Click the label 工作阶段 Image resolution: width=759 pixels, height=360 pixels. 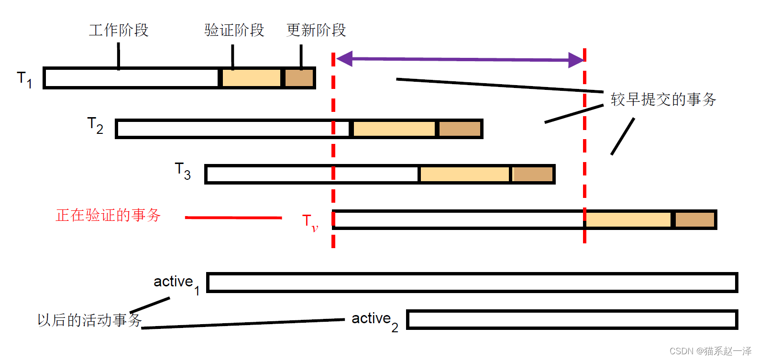[119, 30]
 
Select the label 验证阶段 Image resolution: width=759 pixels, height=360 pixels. [234, 30]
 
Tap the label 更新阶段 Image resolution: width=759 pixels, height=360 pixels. [316, 30]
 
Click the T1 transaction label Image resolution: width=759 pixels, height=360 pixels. [24, 79]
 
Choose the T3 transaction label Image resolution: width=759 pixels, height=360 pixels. [183, 171]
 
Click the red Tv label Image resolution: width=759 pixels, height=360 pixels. [310, 222]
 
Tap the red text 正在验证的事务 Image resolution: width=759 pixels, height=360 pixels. [109, 215]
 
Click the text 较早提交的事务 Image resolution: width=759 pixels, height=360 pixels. [663, 99]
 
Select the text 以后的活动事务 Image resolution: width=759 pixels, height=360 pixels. [89, 320]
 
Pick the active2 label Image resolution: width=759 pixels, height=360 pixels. [374, 320]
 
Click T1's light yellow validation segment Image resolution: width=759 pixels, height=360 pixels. [252, 78]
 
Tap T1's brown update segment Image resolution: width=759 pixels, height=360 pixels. [299, 78]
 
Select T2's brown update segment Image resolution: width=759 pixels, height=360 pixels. [460, 129]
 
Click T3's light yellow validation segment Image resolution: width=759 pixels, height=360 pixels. [464, 174]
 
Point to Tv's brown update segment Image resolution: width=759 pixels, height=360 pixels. [694, 219]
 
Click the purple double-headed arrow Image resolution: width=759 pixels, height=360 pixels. [459, 59]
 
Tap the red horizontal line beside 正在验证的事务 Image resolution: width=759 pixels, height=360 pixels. [233, 218]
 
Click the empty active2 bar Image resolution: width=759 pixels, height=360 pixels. [572, 320]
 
